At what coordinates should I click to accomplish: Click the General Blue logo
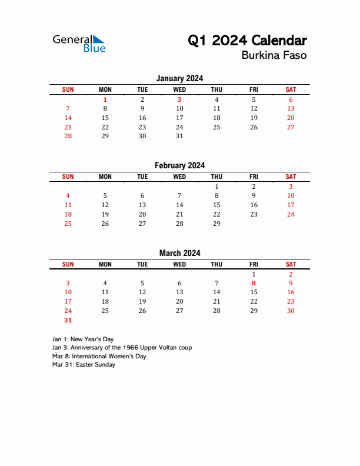pyautogui.click(x=79, y=43)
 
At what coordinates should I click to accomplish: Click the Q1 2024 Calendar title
pyautogui.click(x=247, y=41)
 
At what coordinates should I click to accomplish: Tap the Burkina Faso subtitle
pyautogui.click(x=274, y=56)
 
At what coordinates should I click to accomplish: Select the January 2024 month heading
pyautogui.click(x=179, y=78)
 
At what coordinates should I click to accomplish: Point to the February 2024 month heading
pyautogui.click(x=179, y=165)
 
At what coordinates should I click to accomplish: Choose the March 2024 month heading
pyautogui.click(x=179, y=253)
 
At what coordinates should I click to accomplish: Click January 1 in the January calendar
pyautogui.click(x=105, y=99)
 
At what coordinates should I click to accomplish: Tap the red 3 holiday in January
pyautogui.click(x=179, y=99)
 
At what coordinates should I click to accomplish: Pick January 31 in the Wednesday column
pyautogui.click(x=179, y=136)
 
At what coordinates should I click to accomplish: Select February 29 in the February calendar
pyautogui.click(x=216, y=224)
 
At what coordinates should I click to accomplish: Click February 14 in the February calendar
pyautogui.click(x=179, y=205)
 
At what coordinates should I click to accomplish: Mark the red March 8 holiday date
pyautogui.click(x=254, y=283)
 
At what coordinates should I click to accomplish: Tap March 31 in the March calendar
pyautogui.click(x=68, y=320)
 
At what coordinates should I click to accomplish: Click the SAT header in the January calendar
pyautogui.click(x=291, y=89)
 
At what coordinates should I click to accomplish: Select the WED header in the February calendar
pyautogui.click(x=179, y=177)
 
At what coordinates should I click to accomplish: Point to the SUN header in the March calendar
pyautogui.click(x=68, y=264)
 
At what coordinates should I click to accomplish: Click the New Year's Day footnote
pyautogui.click(x=83, y=339)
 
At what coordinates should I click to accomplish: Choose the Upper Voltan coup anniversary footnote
pyautogui.click(x=122, y=348)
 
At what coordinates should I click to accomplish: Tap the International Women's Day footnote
pyautogui.click(x=99, y=356)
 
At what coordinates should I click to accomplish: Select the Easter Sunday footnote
pyautogui.click(x=84, y=365)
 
